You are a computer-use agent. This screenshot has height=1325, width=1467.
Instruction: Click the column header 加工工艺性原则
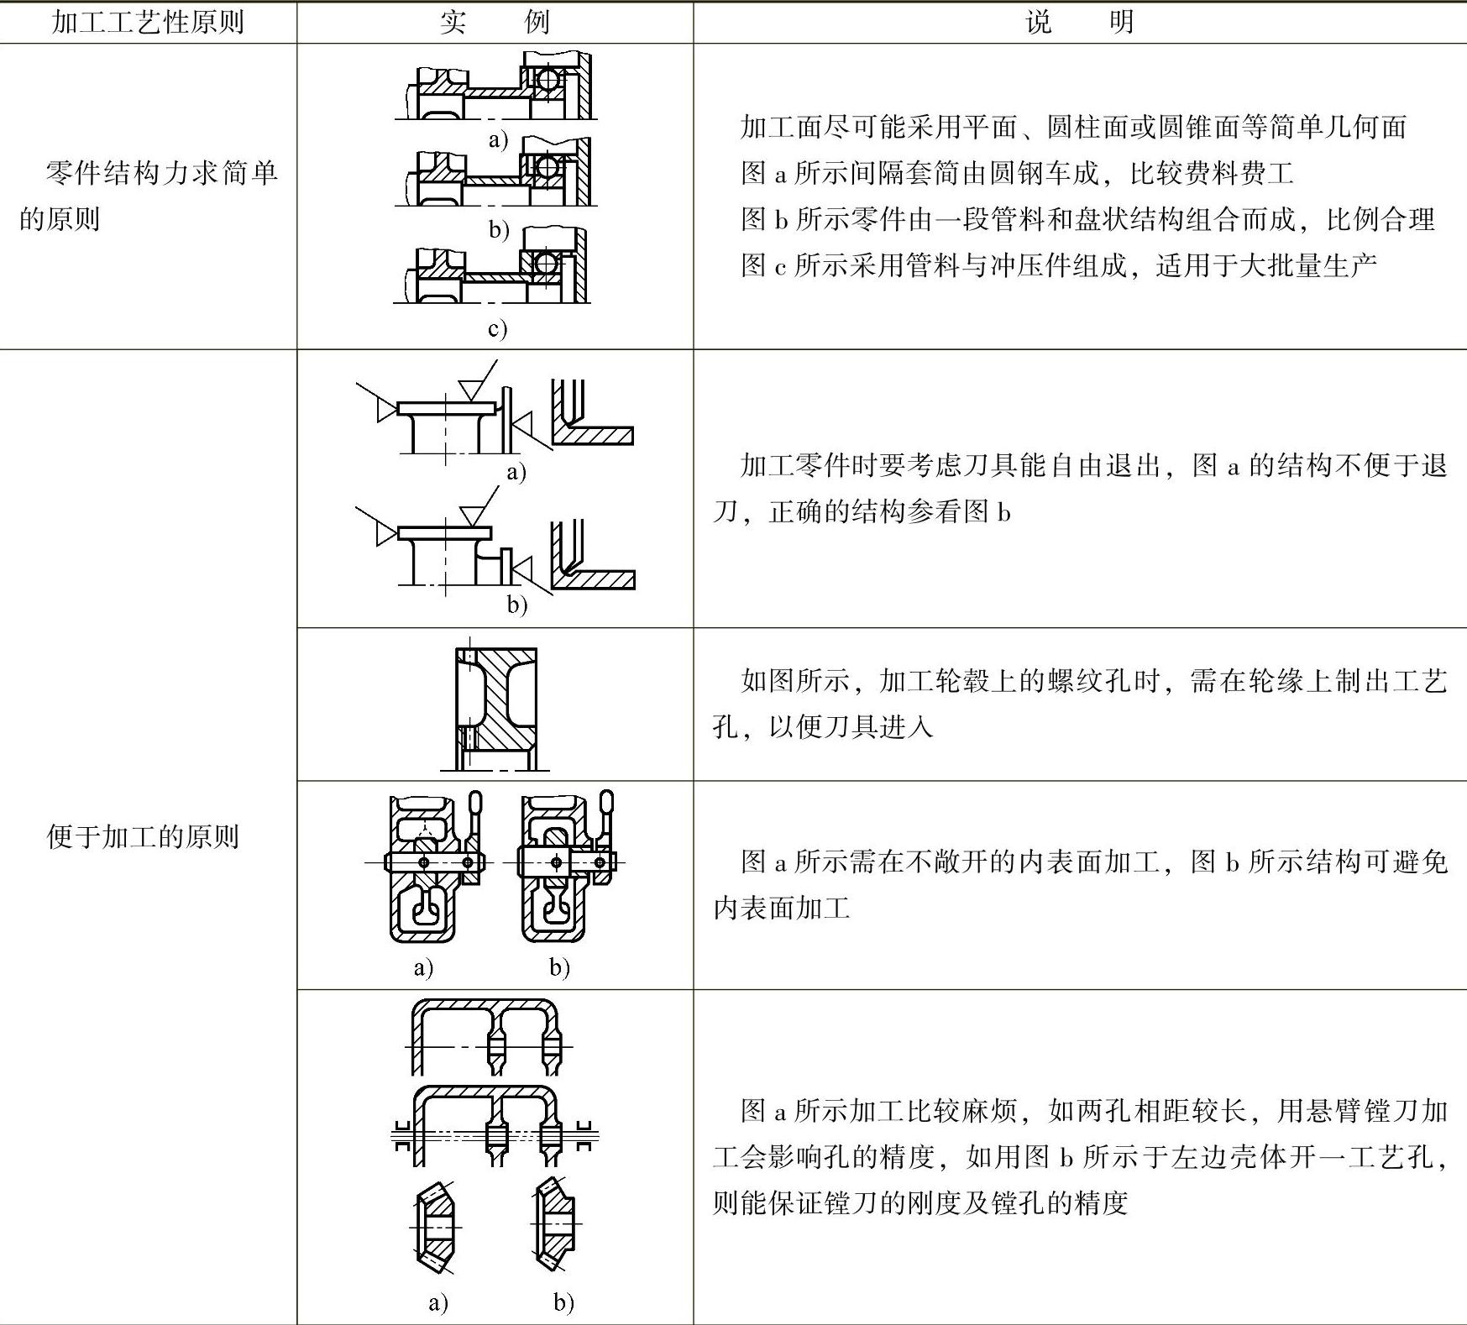click(x=148, y=22)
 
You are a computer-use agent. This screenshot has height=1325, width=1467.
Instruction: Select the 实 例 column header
click(x=495, y=22)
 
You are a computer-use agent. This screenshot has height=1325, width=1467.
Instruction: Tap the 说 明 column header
click(x=1079, y=22)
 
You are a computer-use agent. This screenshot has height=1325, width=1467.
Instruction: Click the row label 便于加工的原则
click(x=143, y=837)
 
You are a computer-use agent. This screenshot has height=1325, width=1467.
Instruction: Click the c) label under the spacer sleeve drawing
click(x=498, y=328)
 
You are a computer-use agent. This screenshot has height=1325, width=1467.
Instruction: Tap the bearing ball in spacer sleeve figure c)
click(x=547, y=264)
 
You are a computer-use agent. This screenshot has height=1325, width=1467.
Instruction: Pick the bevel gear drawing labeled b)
click(x=554, y=1225)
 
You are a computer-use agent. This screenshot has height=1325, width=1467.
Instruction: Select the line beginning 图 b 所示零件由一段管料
click(x=1087, y=220)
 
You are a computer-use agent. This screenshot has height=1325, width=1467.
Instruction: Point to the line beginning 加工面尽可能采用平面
click(x=1073, y=128)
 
